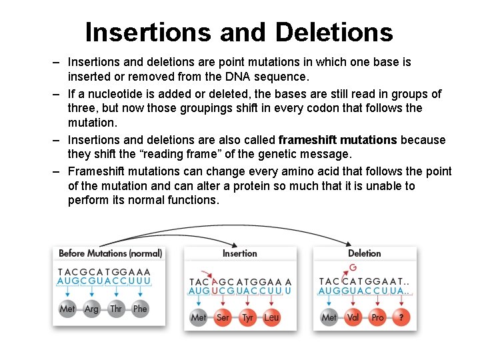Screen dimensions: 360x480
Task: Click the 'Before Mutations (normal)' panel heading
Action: coord(110,253)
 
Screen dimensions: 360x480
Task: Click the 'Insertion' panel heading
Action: coord(239,253)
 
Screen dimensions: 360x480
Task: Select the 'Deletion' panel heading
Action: coord(364,253)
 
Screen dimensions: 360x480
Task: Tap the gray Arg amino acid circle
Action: coord(91,309)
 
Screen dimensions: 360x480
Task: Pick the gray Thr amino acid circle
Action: coord(116,309)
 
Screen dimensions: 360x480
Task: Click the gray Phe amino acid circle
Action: coord(140,309)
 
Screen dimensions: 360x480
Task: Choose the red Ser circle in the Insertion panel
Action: coord(223,317)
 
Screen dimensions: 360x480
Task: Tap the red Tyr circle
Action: coord(247,317)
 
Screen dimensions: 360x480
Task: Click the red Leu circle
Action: coord(271,317)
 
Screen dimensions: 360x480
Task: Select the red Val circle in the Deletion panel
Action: coord(353,317)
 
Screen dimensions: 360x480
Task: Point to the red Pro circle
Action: coord(377,317)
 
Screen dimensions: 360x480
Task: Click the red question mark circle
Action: coord(401,317)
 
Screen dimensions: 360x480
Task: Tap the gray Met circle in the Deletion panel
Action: coord(329,317)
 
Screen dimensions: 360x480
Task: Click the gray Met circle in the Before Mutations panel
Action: coord(67,309)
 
